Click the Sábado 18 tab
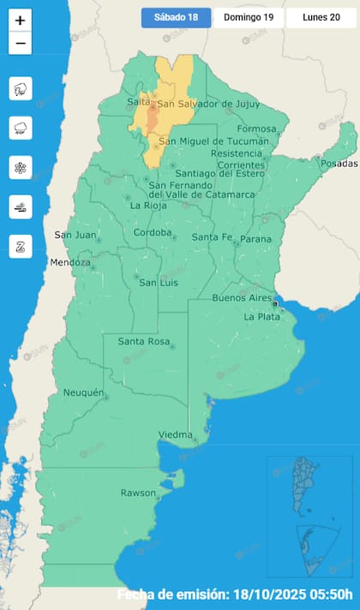coord(176,18)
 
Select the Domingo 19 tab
coord(248,18)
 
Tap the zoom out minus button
coord(21,44)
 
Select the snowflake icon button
coord(21,167)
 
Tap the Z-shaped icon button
coord(21,246)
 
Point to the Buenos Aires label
coord(242,298)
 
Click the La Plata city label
coord(261,316)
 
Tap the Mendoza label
coord(69,262)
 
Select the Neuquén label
coord(84,393)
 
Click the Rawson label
coord(138,493)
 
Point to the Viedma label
coord(175,435)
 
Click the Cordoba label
coord(153,232)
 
